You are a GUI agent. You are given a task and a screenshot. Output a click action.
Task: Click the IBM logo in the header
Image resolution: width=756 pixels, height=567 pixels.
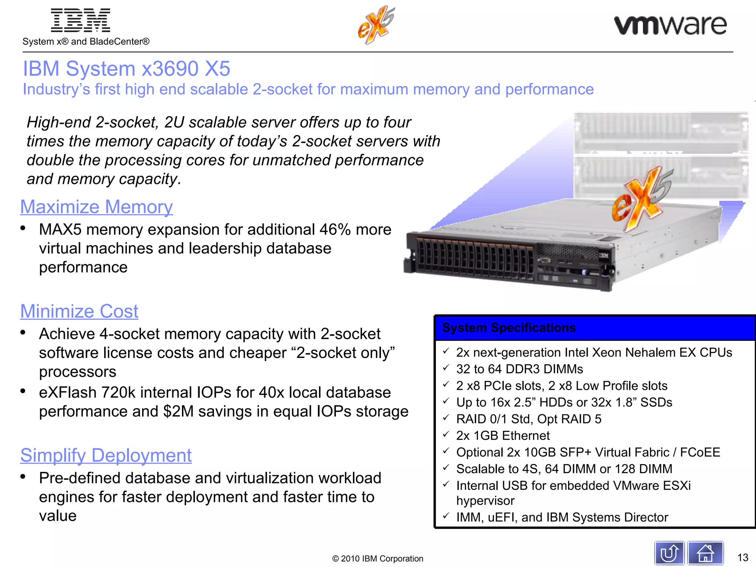pos(80,21)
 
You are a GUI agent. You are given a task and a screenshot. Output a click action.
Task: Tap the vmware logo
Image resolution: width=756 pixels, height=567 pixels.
pos(670,25)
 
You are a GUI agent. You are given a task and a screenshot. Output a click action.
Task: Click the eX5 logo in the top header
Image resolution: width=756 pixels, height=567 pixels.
pos(376,25)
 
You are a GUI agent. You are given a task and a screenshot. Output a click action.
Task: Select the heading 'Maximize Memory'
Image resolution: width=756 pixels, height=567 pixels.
pos(96,207)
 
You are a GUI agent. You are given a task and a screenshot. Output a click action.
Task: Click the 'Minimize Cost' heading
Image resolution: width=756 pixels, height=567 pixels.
pos(79,311)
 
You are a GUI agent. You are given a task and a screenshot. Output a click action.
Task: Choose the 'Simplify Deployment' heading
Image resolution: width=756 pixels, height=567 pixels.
pos(106,455)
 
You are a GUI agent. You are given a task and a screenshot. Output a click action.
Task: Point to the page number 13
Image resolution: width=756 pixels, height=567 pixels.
pos(742,557)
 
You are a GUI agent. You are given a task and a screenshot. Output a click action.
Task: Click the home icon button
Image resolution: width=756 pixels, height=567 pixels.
pos(705,553)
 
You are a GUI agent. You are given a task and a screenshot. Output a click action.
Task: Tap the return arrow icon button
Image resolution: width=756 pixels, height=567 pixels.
pos(669,553)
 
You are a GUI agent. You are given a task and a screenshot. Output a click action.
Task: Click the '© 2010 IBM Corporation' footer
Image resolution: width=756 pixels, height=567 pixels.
pos(378,559)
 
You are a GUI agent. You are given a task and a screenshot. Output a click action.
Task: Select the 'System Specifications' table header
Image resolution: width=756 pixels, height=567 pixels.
pos(509,328)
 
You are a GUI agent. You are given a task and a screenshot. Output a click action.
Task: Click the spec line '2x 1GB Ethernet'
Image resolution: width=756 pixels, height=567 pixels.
pos(503,436)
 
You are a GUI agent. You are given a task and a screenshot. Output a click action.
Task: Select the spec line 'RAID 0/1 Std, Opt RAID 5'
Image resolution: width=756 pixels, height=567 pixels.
pos(529,419)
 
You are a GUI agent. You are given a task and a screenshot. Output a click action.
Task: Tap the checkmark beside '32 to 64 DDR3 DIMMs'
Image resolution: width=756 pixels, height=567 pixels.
pos(446,368)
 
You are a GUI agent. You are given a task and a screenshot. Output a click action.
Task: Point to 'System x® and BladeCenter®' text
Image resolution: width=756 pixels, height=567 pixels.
pos(86,41)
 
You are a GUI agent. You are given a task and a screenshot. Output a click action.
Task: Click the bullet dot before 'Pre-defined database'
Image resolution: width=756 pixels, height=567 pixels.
pos(23,477)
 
